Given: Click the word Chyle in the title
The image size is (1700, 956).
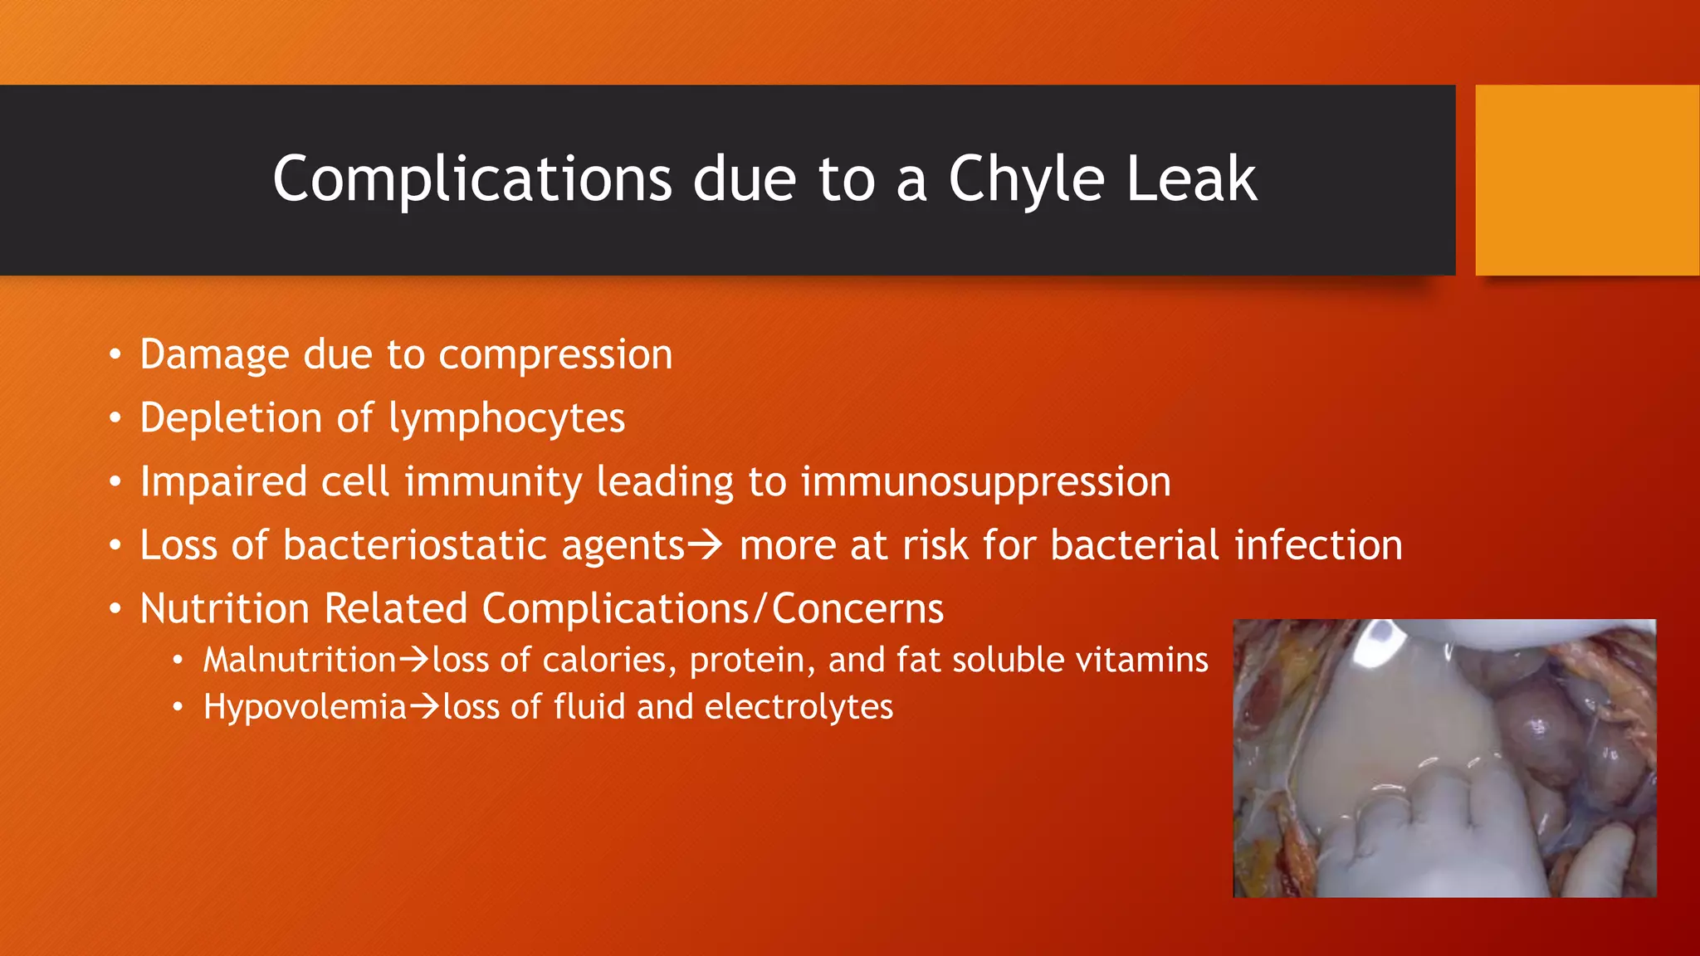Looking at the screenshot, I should pos(1026,179).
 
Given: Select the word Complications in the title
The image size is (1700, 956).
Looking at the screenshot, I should pos(471,179).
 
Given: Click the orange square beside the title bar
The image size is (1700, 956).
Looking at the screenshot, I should pos(1586,180).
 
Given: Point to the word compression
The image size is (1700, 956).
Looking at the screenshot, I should pos(555,355).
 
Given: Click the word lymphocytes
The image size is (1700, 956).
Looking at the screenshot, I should pos(506,418).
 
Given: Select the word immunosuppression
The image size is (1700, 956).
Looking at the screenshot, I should pos(985,482).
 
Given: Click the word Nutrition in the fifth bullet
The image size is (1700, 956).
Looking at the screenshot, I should pos(224,608).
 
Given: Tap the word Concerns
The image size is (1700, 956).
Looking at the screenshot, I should pos(857,608).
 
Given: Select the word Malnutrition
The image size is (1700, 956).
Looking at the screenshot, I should pos(300,661).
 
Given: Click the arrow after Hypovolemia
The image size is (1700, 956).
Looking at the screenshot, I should pos(424,707).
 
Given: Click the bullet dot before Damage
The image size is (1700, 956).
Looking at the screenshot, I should pos(115,355).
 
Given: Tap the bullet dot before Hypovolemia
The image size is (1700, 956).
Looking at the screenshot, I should pos(177,708).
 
